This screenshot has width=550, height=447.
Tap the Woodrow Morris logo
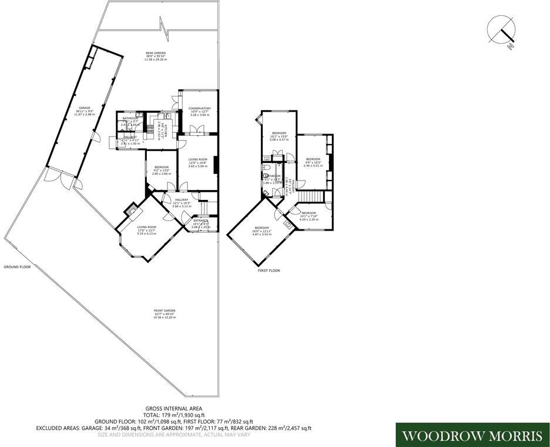[x=472, y=435]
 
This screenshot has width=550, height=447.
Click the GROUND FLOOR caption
[x=17, y=266]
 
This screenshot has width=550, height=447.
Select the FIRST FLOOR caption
[x=269, y=271]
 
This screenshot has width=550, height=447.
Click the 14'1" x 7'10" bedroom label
[x=308, y=215]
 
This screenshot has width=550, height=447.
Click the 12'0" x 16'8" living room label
[x=197, y=163]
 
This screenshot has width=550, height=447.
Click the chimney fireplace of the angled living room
[x=133, y=210]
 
